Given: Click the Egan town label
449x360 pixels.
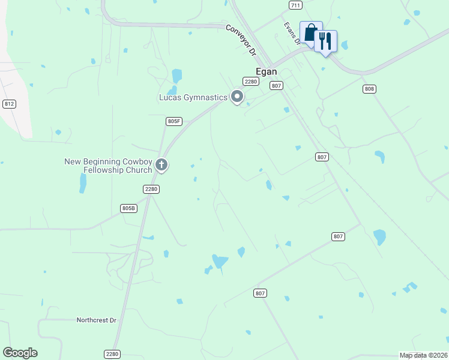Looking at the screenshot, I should tap(267, 70).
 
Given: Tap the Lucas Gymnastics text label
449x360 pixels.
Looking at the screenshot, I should tap(193, 97).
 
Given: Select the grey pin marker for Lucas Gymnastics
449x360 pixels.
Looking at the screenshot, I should tap(237, 96).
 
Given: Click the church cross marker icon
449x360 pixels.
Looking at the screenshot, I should tap(161, 164).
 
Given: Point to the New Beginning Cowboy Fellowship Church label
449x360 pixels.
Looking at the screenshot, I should tap(108, 166).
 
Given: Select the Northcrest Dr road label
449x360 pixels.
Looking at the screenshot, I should tap(96, 320).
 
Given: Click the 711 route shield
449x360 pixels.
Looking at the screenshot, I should tap(295, 5).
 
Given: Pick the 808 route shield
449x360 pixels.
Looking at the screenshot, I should tap(369, 89).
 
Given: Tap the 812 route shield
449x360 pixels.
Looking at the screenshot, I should tap(8, 104).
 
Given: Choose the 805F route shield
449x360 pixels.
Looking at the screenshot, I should tap(173, 121).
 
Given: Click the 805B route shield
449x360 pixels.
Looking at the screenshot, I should tap(128, 208).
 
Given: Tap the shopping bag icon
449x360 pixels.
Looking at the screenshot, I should tap(310, 32).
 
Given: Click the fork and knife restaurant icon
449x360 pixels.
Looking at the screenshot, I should tap(325, 41).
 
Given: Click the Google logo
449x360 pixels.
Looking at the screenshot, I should tap(20, 353).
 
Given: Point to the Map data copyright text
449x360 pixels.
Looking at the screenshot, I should tap(423, 355).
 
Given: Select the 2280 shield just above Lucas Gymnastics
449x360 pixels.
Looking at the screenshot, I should tap(250, 82).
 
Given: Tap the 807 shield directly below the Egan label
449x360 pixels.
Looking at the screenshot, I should tap(276, 86).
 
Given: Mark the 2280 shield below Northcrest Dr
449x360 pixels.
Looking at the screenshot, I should tap(112, 354).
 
